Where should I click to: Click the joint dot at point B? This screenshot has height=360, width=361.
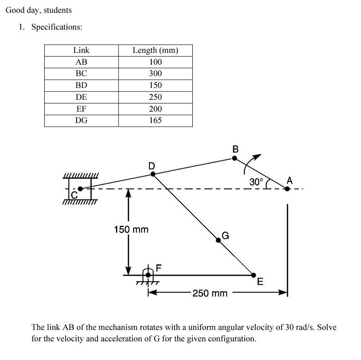235,159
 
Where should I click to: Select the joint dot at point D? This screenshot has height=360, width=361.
153,174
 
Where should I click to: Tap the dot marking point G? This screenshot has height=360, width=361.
218,240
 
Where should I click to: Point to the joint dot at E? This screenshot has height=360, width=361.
253,275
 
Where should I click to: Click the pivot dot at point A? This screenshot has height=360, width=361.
287,188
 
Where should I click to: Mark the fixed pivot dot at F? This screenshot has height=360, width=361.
148,275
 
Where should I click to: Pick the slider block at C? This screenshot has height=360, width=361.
80,189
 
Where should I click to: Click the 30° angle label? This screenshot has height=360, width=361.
256,181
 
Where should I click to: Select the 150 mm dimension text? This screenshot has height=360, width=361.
131,229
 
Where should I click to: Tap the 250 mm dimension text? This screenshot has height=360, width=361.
210,293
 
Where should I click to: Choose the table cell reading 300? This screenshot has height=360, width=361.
155,73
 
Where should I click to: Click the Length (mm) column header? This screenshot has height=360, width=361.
155,50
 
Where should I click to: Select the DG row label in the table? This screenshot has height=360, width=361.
81,120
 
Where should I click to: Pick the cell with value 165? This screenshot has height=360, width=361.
155,120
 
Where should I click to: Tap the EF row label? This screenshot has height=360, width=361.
81,108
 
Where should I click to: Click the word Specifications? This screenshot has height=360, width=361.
57,27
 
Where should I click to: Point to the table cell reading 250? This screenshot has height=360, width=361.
155,97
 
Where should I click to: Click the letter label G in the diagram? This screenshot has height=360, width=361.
225,236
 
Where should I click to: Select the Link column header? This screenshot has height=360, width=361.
81,50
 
